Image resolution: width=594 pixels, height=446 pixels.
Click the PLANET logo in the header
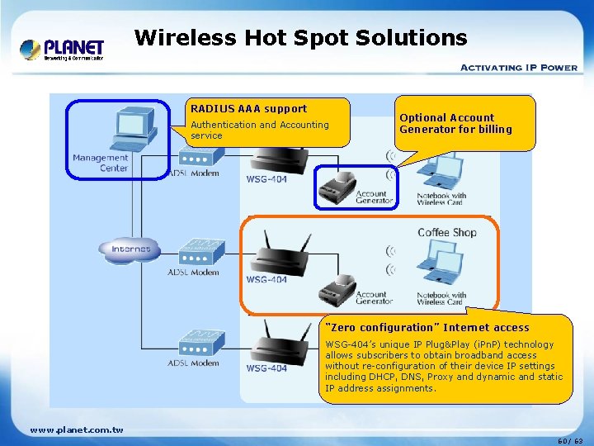[x=62, y=50]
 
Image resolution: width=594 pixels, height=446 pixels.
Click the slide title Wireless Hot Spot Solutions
[x=300, y=37]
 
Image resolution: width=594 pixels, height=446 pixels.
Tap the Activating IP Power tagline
[x=518, y=68]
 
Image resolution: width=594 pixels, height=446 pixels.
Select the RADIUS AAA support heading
[x=248, y=108]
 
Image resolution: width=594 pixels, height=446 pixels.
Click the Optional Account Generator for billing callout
[x=455, y=123]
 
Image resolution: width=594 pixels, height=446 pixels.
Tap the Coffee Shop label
[x=446, y=232]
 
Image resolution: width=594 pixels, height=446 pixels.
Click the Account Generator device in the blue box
[x=337, y=183]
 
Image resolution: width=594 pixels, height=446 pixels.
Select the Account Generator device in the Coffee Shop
[x=337, y=285]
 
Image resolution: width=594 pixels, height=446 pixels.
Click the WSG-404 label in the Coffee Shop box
[x=266, y=279]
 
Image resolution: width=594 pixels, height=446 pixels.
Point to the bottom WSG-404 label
[x=266, y=368]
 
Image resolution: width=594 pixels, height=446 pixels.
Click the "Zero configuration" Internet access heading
[x=428, y=327]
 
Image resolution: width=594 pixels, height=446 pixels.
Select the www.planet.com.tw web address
[x=77, y=429]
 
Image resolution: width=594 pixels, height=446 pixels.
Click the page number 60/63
[x=569, y=440]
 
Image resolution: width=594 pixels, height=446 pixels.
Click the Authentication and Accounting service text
[x=259, y=130]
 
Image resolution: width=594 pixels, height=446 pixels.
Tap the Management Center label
[x=100, y=163]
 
